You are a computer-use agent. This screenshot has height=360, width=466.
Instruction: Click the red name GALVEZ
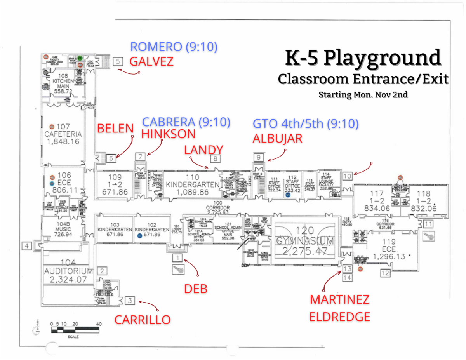[151, 61]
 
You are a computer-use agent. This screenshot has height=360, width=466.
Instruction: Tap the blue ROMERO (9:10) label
[174, 47]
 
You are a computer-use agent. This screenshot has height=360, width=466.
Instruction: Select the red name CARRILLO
[142, 320]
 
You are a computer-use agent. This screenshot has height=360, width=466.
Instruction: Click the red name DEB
[195, 289]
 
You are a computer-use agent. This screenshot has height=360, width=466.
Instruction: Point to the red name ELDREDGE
[339, 317]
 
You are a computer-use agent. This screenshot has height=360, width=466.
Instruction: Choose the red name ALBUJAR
[277, 139]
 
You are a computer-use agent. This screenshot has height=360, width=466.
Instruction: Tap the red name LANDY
[203, 150]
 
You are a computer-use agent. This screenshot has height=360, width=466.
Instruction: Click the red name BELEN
[115, 128]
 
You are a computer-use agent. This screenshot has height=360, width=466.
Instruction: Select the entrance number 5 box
[118, 61]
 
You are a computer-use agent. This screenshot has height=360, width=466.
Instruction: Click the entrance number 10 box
[347, 176]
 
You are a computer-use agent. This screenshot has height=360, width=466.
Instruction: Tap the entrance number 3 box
[130, 300]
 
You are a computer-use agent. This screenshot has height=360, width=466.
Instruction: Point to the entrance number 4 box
[26, 245]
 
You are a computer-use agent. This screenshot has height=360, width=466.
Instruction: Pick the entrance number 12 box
[385, 273]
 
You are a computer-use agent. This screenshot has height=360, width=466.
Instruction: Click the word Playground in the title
[382, 58]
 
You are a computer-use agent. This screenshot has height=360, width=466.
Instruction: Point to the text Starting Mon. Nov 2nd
[363, 94]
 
